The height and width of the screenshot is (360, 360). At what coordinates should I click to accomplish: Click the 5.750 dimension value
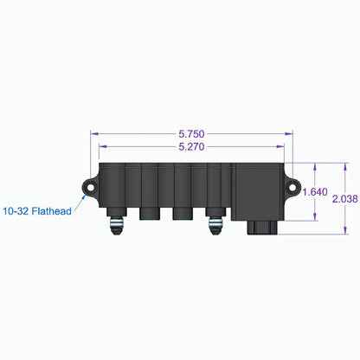click(x=191, y=135)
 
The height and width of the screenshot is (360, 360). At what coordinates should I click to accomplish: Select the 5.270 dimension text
click(x=191, y=147)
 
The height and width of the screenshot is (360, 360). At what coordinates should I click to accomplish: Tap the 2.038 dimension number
click(x=344, y=198)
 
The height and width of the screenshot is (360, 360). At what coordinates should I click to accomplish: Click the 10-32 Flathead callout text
click(x=35, y=210)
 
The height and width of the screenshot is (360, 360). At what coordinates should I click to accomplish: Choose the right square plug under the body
click(x=182, y=213)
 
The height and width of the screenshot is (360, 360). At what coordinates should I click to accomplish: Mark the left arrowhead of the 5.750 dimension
click(x=93, y=135)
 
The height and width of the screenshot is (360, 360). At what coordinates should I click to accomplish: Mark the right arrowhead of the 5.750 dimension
click(x=291, y=135)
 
